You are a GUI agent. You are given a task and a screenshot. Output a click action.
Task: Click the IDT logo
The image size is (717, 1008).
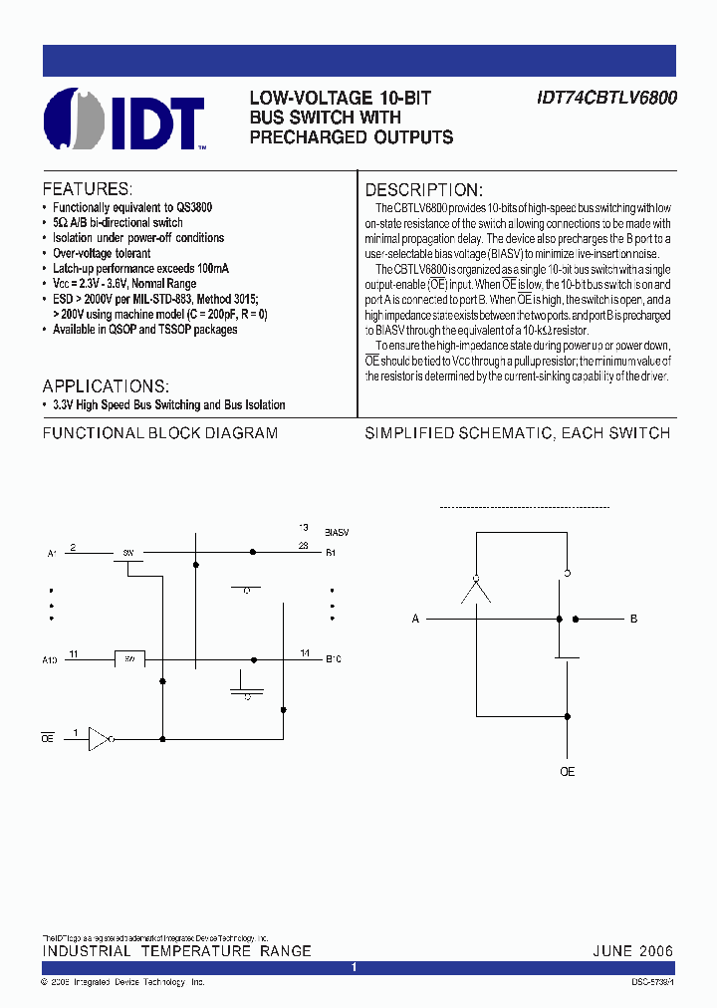(124, 119)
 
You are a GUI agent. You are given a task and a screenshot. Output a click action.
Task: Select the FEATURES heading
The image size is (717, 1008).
(87, 189)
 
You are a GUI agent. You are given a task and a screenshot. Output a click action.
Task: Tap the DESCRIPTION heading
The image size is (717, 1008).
(424, 190)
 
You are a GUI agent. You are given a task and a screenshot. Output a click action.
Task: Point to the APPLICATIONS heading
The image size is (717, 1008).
(106, 385)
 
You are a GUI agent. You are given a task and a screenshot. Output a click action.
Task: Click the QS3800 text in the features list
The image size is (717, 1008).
(193, 207)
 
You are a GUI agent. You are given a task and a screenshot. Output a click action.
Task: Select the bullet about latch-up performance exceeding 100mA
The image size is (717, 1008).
(140, 269)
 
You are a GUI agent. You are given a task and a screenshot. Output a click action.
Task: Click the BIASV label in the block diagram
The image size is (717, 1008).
(337, 533)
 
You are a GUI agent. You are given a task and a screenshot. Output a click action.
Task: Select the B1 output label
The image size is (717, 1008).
(332, 552)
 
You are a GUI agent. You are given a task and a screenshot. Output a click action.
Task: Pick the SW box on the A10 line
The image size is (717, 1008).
(129, 658)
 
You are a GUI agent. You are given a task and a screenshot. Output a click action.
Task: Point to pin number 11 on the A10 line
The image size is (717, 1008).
(75, 653)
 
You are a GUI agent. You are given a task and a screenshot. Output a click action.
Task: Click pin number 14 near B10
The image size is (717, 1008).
(305, 653)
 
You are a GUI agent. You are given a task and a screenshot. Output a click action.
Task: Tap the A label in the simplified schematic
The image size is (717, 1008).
(416, 620)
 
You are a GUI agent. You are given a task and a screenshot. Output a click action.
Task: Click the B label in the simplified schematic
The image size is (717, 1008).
(633, 620)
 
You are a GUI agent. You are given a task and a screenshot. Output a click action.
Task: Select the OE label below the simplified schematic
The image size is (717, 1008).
(567, 772)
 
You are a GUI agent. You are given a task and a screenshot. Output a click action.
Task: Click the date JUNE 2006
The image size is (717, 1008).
(633, 951)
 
